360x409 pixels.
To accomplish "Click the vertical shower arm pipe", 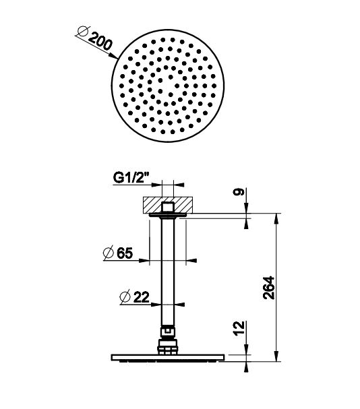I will (x=169, y=270).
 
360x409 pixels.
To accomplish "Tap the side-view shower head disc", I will (x=169, y=358).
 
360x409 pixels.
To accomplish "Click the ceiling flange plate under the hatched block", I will (x=169, y=216).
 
